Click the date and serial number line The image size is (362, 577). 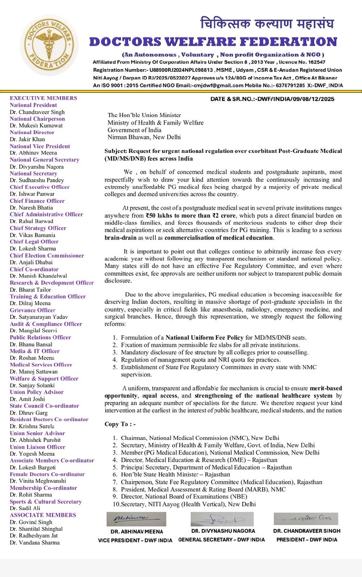280,99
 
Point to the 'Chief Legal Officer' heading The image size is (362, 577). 34,242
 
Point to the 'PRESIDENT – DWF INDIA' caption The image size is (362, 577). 307,539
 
